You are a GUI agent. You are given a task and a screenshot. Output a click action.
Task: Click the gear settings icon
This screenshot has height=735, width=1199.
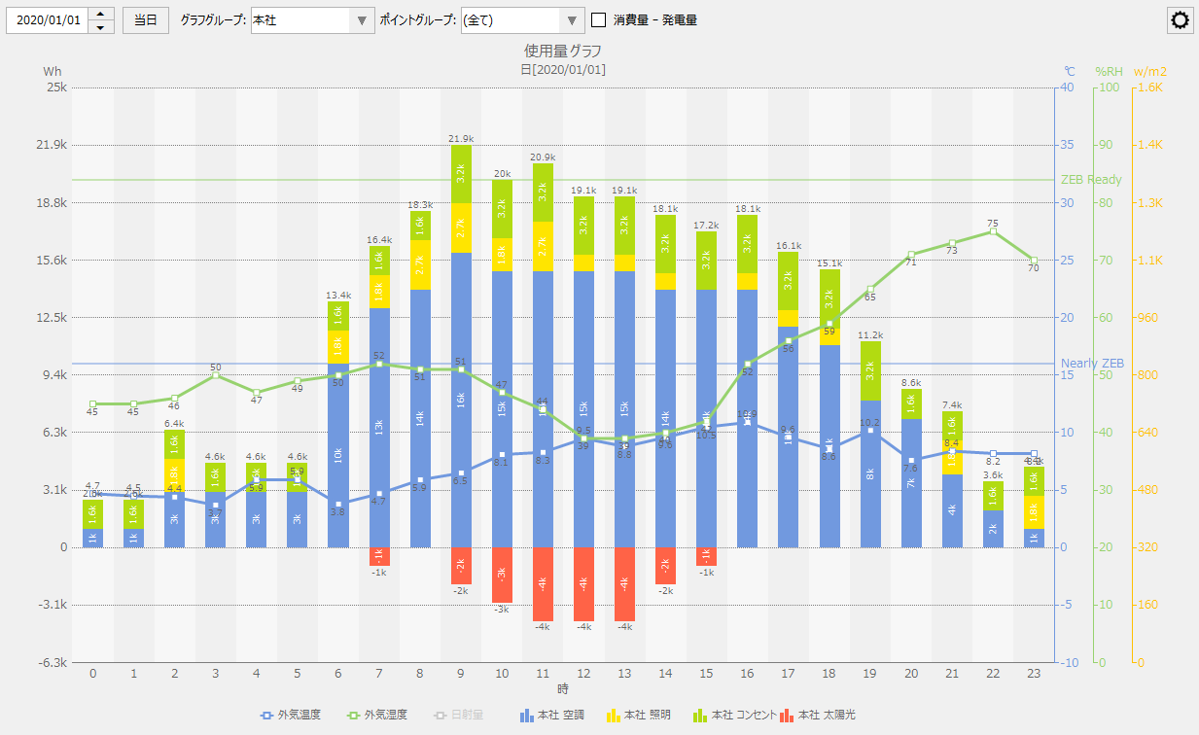coord(1181,20)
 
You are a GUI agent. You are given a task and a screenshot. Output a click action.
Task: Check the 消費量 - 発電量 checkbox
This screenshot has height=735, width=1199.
coord(599,19)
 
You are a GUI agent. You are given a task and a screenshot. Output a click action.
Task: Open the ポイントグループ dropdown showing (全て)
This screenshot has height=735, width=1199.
coord(522,19)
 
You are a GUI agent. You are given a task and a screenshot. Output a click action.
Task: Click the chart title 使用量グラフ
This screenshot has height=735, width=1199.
coord(563,51)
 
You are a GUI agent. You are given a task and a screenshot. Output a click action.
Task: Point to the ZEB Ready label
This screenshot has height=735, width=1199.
coord(1091,180)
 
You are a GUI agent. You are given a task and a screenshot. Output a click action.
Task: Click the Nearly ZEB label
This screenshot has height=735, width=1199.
coord(1092,364)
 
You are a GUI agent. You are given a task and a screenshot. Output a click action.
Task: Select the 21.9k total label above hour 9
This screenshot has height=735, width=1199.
coord(461,139)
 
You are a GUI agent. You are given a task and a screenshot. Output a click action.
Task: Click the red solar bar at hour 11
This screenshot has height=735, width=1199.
coord(543,583)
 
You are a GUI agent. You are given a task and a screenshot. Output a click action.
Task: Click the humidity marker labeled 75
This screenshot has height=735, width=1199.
coord(993,230)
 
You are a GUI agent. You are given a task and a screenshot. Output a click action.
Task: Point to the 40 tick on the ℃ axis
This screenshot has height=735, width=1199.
coord(1068,87)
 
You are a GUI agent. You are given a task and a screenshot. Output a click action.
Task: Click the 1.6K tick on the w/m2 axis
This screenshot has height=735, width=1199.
coord(1149,87)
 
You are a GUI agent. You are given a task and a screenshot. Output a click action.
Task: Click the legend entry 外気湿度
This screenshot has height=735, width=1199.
coord(380,716)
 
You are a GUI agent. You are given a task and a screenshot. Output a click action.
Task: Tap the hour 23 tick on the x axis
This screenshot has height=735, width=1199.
coord(1034,673)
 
